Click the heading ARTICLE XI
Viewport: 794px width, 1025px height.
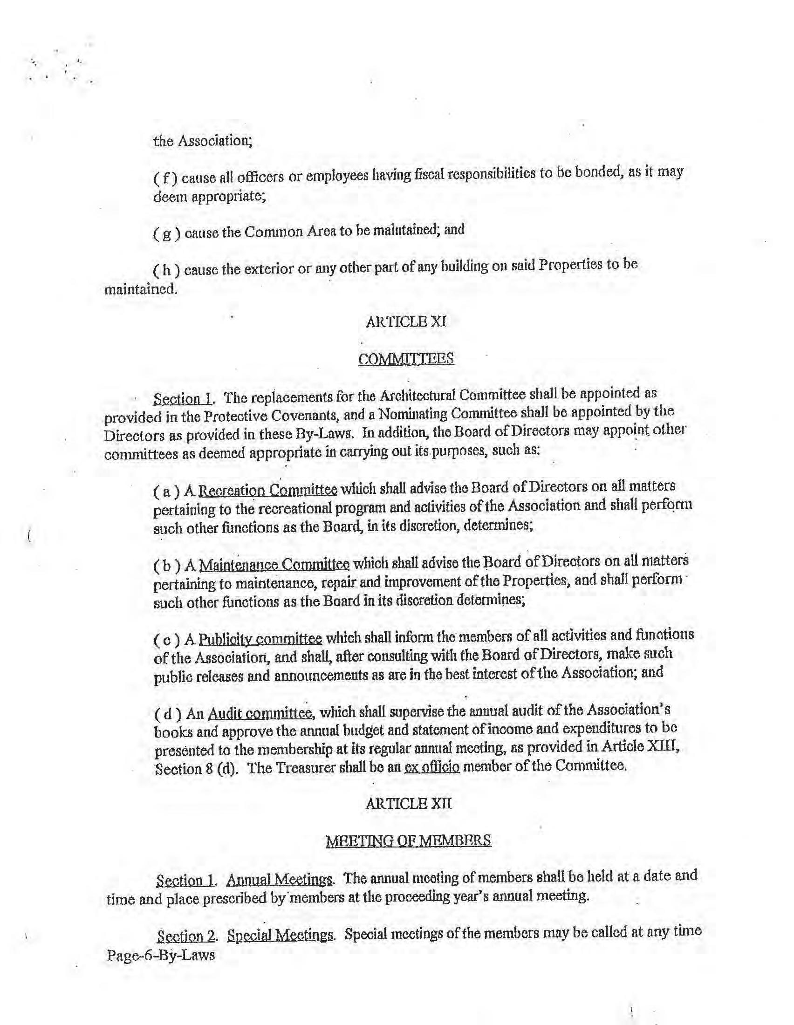coord(406,322)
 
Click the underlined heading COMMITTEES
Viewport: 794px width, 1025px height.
coord(406,359)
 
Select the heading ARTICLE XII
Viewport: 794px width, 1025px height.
coord(408,804)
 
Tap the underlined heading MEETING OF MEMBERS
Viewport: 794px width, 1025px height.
coord(408,840)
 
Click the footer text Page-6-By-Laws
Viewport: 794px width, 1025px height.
coord(161,955)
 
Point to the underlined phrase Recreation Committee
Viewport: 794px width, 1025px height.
coord(268,491)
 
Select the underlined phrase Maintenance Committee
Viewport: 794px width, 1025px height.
coord(274,564)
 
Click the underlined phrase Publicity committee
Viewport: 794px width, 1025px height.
coord(260,639)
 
